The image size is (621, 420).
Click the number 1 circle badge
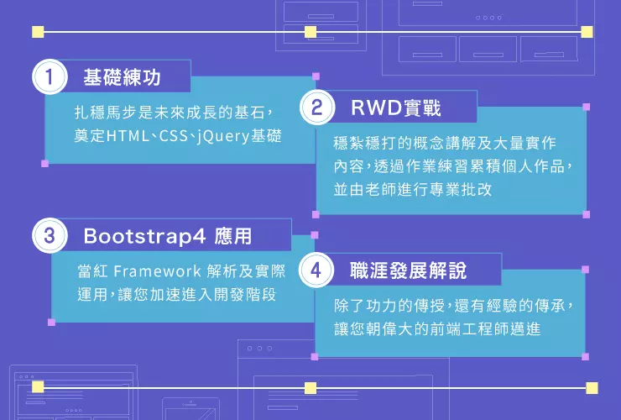50,76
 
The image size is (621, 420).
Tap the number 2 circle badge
317,107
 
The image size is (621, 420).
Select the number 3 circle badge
50,235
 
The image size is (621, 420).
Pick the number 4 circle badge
316,270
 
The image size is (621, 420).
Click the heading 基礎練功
122,77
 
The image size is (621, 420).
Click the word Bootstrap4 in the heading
144,236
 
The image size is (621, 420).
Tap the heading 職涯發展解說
409,270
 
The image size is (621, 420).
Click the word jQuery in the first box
223,136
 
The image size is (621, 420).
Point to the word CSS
173,136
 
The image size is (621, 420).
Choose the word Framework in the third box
157,271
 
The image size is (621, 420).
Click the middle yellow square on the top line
310,32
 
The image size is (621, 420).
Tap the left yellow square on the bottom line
38,387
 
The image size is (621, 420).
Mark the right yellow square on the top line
587,32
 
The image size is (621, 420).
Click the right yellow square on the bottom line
592,388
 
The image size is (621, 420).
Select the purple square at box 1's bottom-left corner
44,164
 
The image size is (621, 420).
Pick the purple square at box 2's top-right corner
587,107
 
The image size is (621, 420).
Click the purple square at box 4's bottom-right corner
586,356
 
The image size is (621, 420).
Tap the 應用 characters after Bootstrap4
233,236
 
